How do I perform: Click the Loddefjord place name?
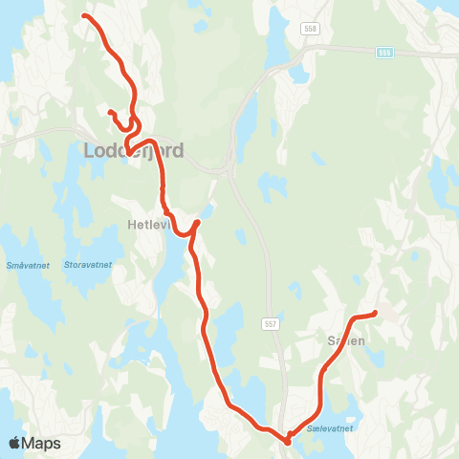(134, 151)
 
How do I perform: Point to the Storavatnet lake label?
(87, 264)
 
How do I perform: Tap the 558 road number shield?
(309, 30)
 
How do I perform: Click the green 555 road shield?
(384, 52)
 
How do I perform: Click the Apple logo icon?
(15, 443)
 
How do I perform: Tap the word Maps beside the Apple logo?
(42, 443)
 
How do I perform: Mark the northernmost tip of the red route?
(86, 16)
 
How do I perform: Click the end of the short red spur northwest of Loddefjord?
(110, 113)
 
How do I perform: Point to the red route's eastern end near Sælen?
(375, 313)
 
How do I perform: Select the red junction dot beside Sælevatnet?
(287, 440)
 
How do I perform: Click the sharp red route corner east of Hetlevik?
(197, 223)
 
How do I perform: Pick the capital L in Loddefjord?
(91, 151)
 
